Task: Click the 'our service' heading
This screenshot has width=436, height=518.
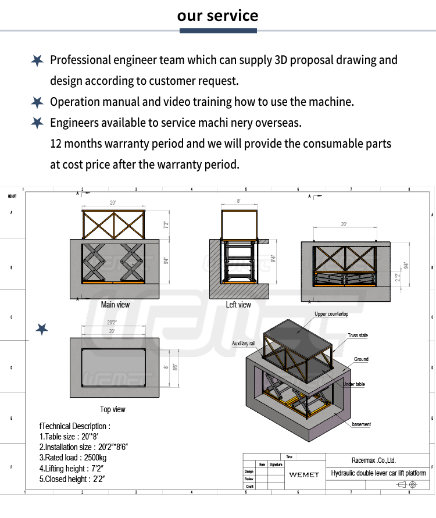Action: (x=218, y=15)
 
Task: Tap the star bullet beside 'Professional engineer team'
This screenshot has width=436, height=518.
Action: (x=37, y=60)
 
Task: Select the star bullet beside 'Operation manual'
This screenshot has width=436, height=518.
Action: (x=37, y=102)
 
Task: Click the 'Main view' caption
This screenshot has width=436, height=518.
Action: (x=115, y=305)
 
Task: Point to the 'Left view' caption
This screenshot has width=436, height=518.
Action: (x=238, y=305)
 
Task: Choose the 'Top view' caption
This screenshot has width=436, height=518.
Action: (x=113, y=409)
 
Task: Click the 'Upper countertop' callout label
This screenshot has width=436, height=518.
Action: (x=331, y=314)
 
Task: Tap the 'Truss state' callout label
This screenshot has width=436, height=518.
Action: (x=358, y=335)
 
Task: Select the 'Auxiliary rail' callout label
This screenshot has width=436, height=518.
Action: (x=244, y=344)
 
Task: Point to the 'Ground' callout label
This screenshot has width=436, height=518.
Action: (x=361, y=359)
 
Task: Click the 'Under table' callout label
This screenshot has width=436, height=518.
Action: (x=354, y=384)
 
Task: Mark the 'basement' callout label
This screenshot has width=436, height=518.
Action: (x=361, y=424)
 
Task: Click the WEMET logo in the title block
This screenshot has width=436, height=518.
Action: (x=304, y=474)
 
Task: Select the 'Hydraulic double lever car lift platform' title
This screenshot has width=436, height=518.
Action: (x=378, y=473)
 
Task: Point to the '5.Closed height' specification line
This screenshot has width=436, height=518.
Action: (x=72, y=479)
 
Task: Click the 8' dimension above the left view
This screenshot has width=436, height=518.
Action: (x=238, y=201)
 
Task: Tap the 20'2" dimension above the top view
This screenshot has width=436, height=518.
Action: (x=113, y=322)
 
